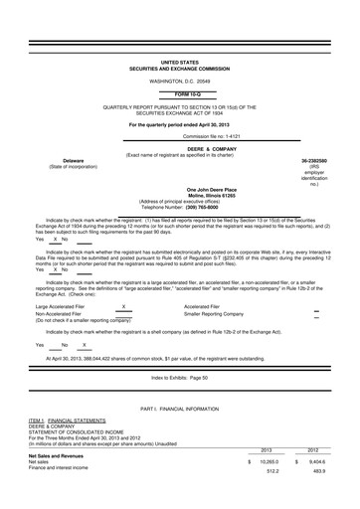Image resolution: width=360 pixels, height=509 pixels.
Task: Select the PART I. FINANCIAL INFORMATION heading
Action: click(x=179, y=409)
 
